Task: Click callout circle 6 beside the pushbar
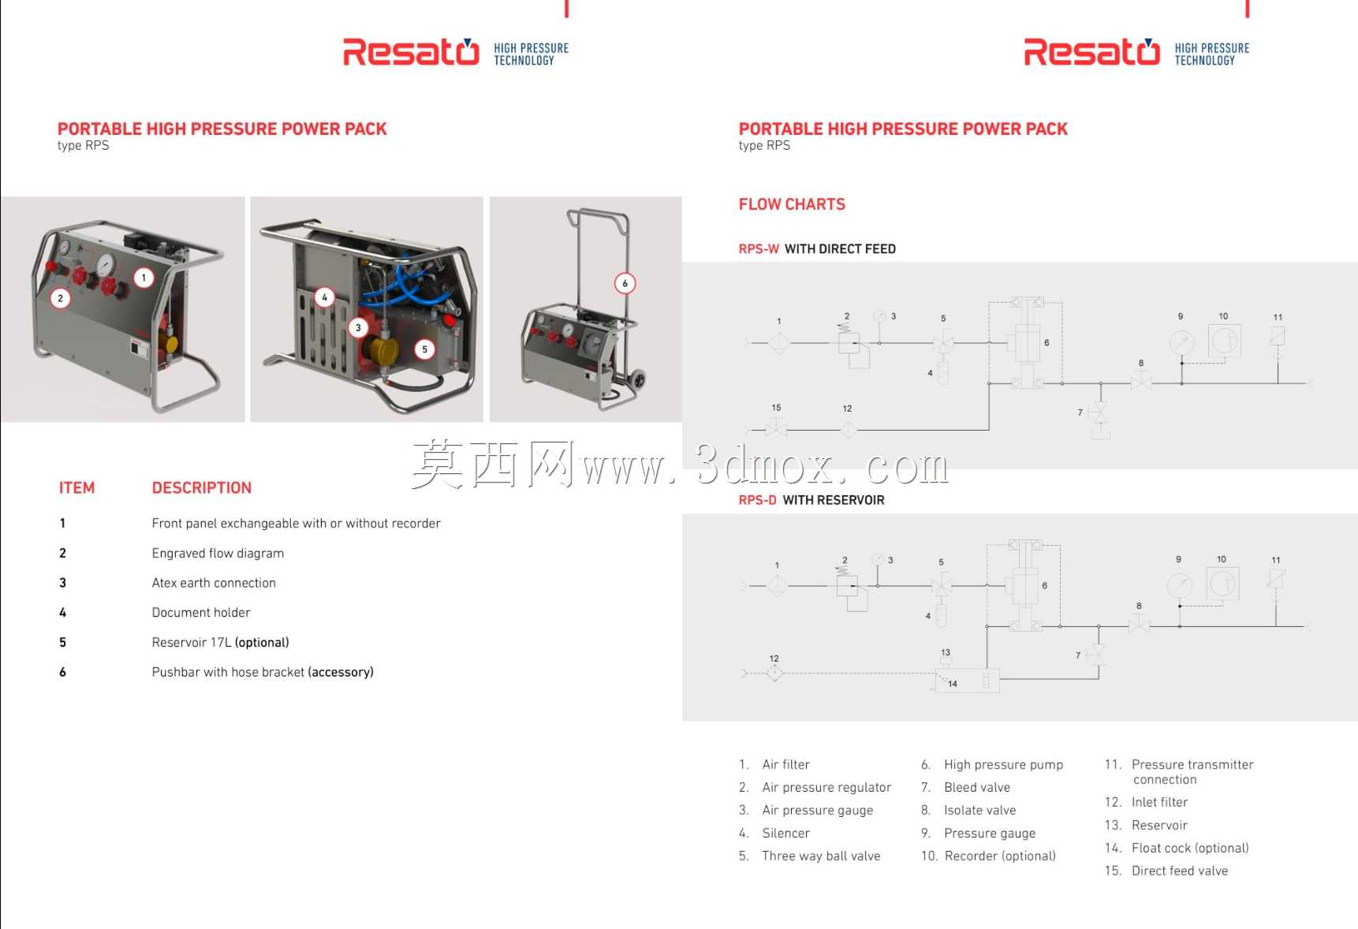coord(625,283)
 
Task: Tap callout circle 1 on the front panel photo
coord(144,278)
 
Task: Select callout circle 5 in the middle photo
coord(424,349)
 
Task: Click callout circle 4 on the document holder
coord(324,297)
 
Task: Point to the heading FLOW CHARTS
coord(792,204)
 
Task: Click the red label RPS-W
coord(759,249)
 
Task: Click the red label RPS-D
coord(757,500)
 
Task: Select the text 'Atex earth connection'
coord(214,583)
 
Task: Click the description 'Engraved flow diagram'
coord(218,553)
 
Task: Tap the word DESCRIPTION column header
coord(202,488)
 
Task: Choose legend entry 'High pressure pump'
coord(1003,765)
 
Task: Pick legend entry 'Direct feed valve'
coord(1180,871)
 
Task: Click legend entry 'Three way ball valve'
coord(821,856)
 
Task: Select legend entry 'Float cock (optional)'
coord(1190,848)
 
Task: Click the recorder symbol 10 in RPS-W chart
coord(1224,341)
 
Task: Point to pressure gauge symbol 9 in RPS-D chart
coord(1180,585)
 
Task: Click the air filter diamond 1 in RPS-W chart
coord(779,342)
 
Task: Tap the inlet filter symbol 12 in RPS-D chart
coord(774,673)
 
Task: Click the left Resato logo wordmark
coord(411,52)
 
